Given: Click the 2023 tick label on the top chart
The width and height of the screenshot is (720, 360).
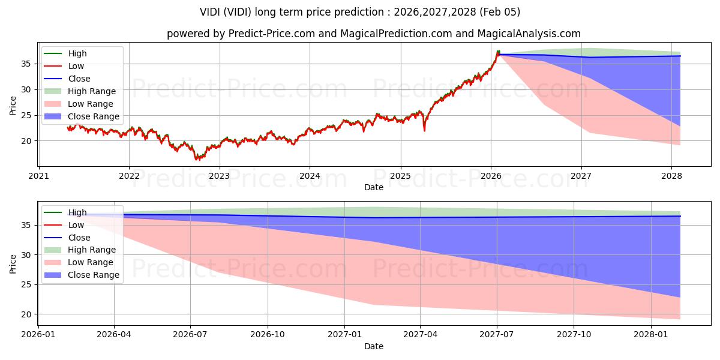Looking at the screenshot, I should tap(219, 176).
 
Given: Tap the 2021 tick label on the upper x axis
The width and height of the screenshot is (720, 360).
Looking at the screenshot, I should tap(38, 176).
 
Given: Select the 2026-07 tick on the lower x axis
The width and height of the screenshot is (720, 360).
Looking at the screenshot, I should tap(190, 335).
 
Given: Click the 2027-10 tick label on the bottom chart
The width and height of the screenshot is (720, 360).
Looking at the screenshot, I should tap(574, 335).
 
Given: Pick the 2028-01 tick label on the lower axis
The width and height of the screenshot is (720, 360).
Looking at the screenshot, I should tap(651, 335).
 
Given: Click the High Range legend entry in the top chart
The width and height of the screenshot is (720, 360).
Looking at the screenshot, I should tap(92, 91).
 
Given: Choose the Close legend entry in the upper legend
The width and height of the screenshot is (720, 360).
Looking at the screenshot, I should tap(79, 79).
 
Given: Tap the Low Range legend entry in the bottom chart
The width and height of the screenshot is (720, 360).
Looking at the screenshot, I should tap(91, 262).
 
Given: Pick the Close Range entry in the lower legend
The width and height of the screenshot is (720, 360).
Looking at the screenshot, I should tap(94, 275).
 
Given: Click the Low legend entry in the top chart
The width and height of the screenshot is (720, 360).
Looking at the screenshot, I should tap(76, 66).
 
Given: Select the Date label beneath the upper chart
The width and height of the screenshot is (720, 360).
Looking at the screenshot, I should tap(373, 187).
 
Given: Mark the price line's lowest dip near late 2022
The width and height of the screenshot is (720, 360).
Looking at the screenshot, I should tap(197, 159).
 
